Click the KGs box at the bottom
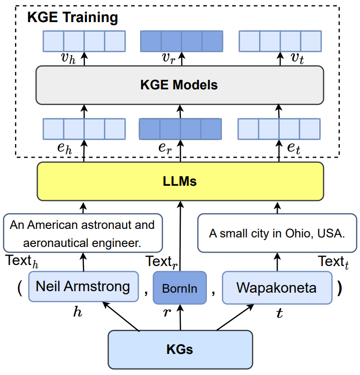click(x=180, y=349)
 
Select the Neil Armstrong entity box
click(x=83, y=287)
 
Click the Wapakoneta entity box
click(x=277, y=288)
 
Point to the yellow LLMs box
click(x=179, y=181)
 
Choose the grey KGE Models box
click(x=179, y=84)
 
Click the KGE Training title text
click(x=72, y=18)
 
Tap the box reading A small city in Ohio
click(x=277, y=233)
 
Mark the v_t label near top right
click(x=297, y=58)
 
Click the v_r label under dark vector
click(x=169, y=58)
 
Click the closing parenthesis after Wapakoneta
click(x=339, y=288)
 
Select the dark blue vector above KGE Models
click(x=180, y=40)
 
